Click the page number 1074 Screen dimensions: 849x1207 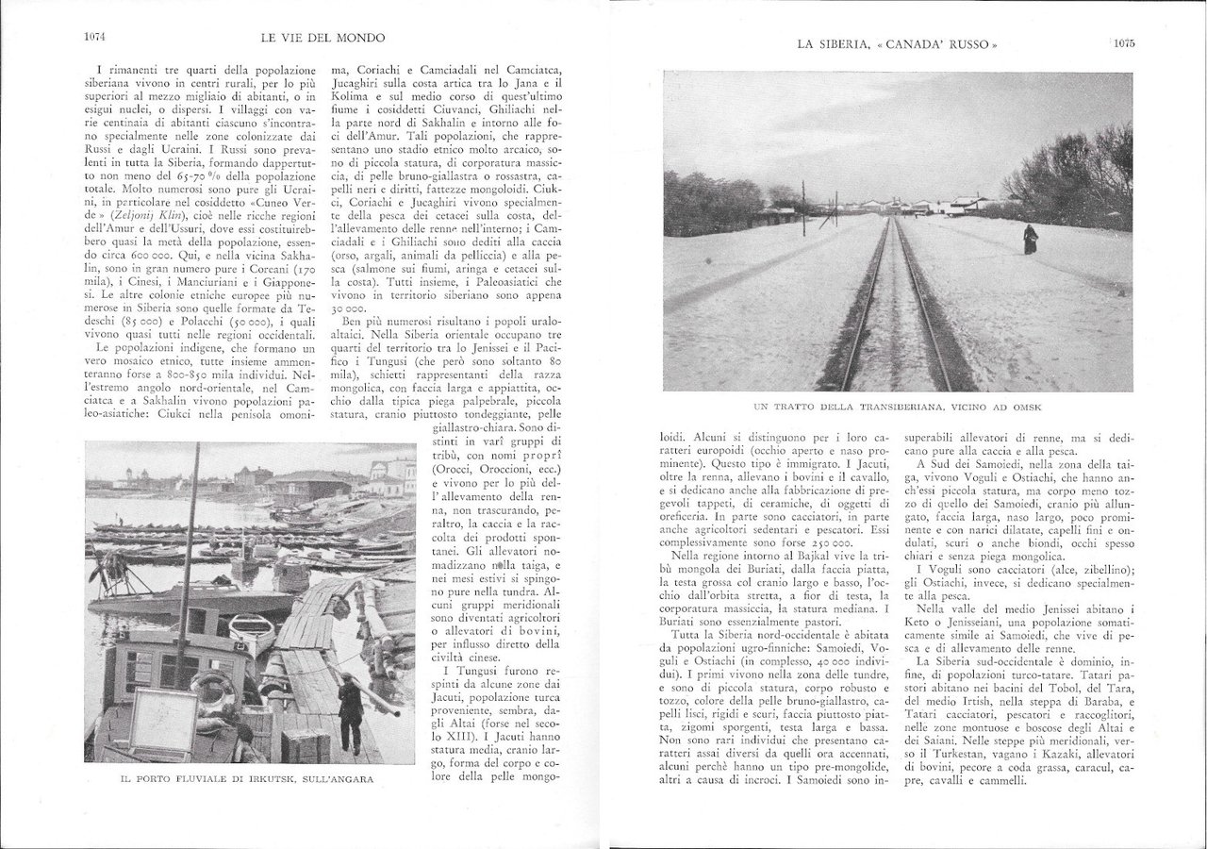(94, 38)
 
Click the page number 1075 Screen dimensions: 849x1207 (1128, 42)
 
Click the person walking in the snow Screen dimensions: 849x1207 (1031, 240)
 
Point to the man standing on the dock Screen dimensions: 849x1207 (350, 707)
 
